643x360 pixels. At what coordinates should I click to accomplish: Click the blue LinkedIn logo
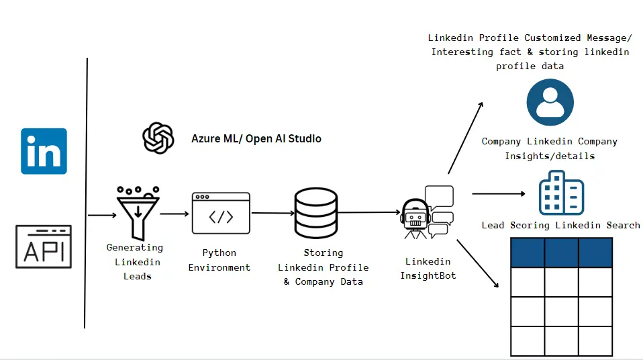coord(44,151)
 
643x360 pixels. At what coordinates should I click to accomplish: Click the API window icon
coord(44,246)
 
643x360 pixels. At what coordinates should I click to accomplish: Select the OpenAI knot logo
coord(158,138)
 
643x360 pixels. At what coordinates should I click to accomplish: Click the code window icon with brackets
coord(221,213)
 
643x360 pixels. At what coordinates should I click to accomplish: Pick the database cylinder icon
coord(315,213)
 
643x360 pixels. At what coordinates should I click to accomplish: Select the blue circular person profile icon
coord(550,103)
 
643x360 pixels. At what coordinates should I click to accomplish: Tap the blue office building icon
coord(561,193)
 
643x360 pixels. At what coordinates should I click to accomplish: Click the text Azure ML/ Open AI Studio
coord(256,139)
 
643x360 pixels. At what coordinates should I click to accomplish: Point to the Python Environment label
coord(219,260)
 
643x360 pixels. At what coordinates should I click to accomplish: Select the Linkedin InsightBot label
coord(428,268)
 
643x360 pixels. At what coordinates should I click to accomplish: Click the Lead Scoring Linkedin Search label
coord(560,225)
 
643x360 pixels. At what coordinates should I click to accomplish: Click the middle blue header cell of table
coord(561,253)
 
